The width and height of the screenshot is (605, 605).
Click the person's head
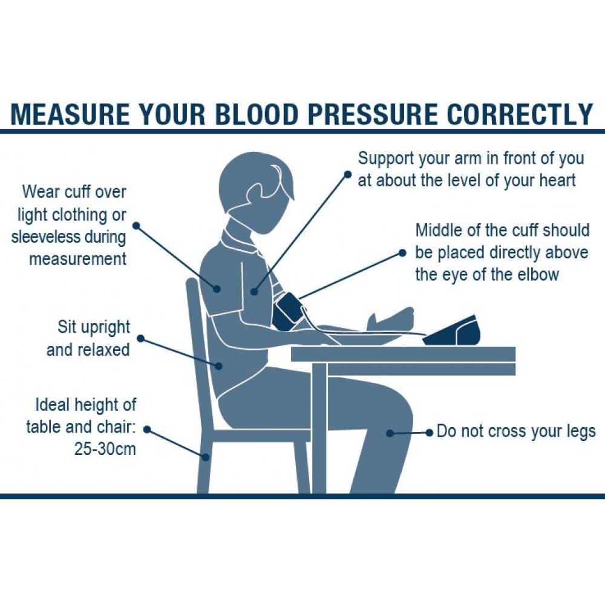coord(257,191)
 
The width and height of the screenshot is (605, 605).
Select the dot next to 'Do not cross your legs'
coord(429,433)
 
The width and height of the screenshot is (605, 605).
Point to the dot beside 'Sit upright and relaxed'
coord(141,339)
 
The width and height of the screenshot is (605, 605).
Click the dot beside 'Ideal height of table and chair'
coord(146,429)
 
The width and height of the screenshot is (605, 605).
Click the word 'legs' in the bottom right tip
coord(578,432)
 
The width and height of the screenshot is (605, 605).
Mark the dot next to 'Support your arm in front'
coord(348,174)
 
